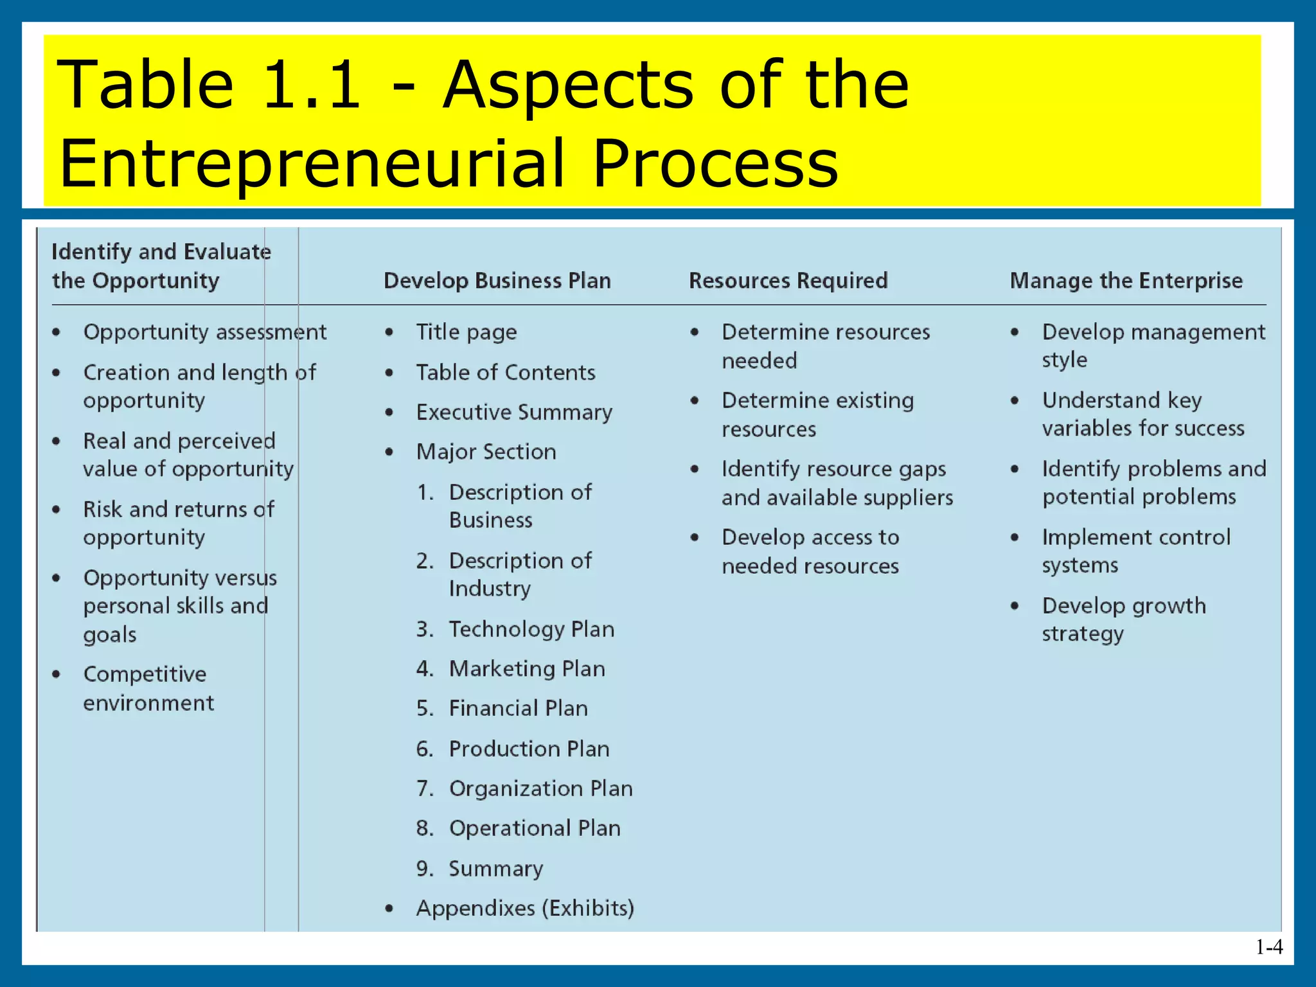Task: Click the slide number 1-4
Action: click(1269, 947)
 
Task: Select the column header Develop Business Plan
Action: click(497, 281)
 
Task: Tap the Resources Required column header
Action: click(788, 281)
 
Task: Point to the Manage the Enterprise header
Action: click(1126, 281)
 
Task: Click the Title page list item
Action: click(466, 332)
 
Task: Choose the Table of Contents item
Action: click(505, 373)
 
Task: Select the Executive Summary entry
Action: click(514, 413)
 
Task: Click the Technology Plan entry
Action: click(531, 629)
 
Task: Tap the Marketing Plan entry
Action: click(527, 669)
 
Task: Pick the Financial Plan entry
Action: click(518, 708)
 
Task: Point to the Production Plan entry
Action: click(529, 749)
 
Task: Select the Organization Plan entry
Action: click(540, 788)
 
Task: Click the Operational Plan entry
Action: click(535, 828)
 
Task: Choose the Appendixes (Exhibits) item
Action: click(524, 908)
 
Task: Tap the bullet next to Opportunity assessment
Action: click(57, 332)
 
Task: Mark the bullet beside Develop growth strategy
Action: click(1015, 606)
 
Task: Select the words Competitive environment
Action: click(148, 688)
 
